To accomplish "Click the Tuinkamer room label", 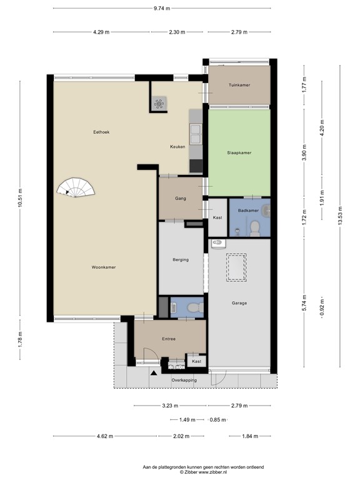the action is [239, 85].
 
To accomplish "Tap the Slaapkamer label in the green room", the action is [239, 152].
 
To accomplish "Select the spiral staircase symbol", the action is [76, 187].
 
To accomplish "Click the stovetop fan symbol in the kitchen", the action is [159, 104].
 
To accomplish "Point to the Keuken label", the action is [177, 147].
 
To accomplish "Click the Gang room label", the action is [181, 198].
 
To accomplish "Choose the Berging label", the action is [181, 259].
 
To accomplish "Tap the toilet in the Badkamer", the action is [255, 229].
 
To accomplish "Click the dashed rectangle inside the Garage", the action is [236, 267].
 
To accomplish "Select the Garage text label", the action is [239, 303].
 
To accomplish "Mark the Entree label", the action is [169, 339].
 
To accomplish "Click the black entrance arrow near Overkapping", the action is [154, 372].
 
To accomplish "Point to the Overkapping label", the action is [184, 380].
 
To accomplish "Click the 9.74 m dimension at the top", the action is [162, 8].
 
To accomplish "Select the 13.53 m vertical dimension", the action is [340, 216].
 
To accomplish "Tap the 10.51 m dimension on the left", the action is [20, 197].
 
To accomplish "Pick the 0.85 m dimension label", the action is [218, 420].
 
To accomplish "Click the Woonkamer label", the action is [104, 267].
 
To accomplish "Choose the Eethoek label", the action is [101, 132].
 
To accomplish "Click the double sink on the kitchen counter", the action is [195, 134].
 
